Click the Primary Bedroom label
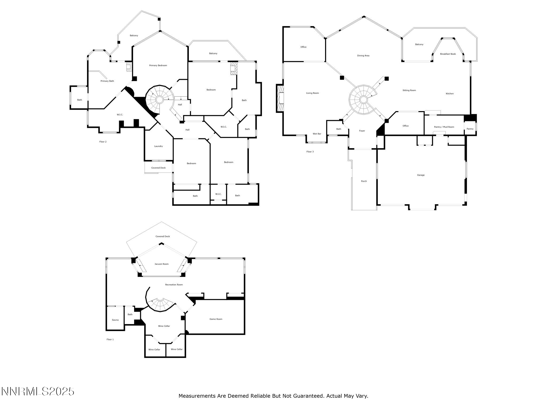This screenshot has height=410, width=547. click(158, 65)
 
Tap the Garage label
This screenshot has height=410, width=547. click(421, 175)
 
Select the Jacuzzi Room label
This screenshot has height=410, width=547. click(162, 264)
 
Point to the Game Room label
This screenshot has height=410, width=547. click(216, 319)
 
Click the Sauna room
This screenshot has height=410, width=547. click(115, 320)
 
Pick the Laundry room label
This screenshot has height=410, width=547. click(158, 146)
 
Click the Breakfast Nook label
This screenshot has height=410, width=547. click(448, 54)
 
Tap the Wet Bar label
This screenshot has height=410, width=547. click(317, 134)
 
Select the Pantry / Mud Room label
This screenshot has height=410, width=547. click(444, 127)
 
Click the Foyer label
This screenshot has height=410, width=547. click(362, 131)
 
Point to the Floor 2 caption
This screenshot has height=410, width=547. click(103, 142)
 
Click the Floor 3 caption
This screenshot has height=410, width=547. click(310, 152)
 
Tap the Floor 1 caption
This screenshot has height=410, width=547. click(110, 340)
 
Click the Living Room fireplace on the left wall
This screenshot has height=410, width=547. click(280, 98)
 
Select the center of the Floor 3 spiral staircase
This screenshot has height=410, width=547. click(363, 100)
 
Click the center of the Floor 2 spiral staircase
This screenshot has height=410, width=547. click(159, 100)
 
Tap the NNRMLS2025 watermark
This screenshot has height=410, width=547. click(38, 392)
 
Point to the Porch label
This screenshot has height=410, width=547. click(364, 181)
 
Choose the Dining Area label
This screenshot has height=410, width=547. click(363, 56)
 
